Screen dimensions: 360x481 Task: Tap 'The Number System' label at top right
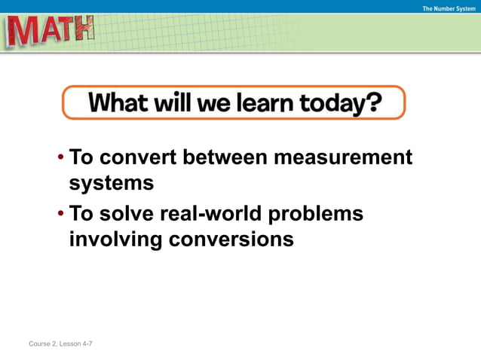(449, 8)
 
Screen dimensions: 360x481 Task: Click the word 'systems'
(112, 183)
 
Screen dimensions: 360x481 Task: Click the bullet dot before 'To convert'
(60, 159)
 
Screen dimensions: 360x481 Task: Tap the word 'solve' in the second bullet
(127, 215)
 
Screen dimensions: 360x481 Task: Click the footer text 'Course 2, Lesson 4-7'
(60, 344)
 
